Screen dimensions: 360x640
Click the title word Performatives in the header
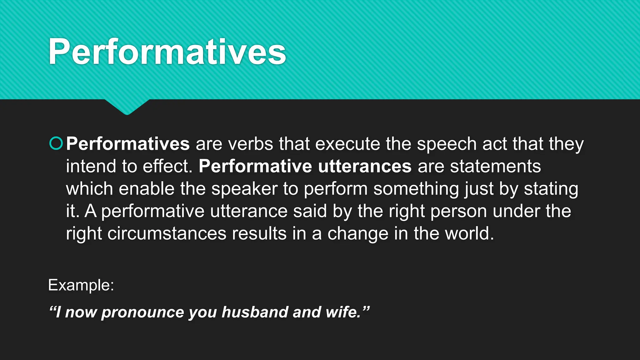(167, 52)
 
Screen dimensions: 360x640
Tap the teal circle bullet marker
(56, 143)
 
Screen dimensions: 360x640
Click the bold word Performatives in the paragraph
(128, 144)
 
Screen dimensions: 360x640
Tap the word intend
(91, 166)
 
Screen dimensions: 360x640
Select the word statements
(495, 166)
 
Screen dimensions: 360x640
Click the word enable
(146, 189)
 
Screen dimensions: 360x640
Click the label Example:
(81, 285)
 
